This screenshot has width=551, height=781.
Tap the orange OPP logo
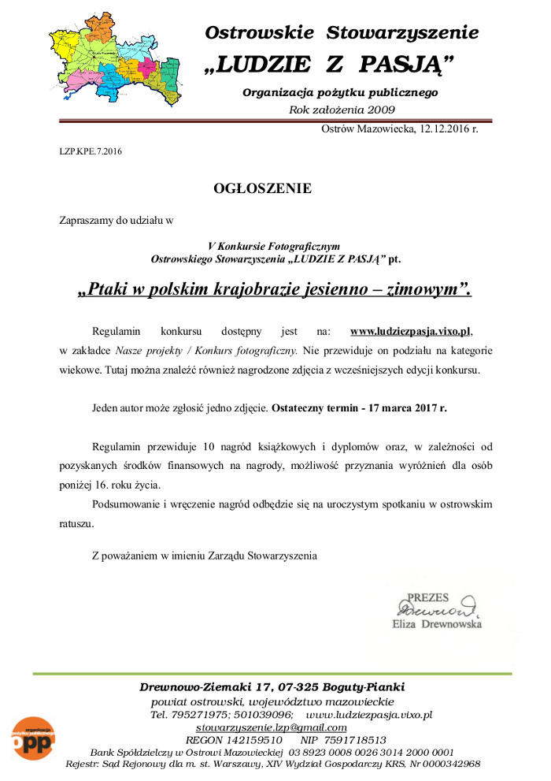click(32, 739)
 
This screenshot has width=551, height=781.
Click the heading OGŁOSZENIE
click(262, 188)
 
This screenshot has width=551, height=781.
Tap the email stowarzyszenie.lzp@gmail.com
click(272, 727)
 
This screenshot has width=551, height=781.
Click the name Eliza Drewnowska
click(437, 623)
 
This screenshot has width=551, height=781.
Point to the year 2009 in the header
click(378, 110)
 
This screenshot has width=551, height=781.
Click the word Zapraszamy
click(87, 220)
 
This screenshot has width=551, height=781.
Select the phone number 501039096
click(257, 715)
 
